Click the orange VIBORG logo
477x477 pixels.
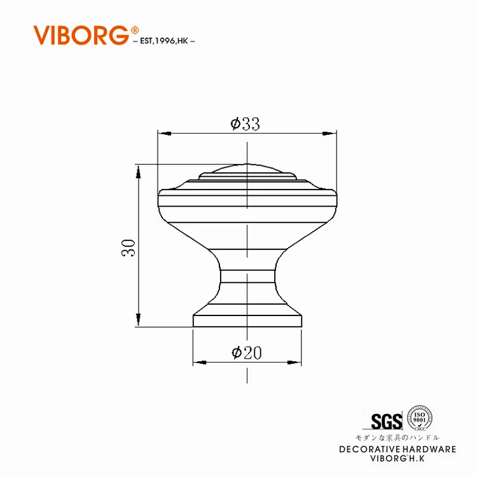[x=81, y=35]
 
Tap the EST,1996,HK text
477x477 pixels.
[x=164, y=41]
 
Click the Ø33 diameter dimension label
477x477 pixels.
[x=245, y=124]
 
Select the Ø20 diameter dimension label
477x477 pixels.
[x=246, y=352]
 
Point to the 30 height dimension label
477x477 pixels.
[x=128, y=248]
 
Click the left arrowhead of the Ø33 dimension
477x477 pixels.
[x=165, y=134]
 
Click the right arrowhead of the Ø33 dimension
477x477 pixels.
[x=329, y=134]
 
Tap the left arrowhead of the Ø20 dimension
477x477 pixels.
[x=200, y=363]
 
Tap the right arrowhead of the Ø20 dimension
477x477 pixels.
[x=294, y=363]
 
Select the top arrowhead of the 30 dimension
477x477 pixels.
[x=139, y=172]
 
